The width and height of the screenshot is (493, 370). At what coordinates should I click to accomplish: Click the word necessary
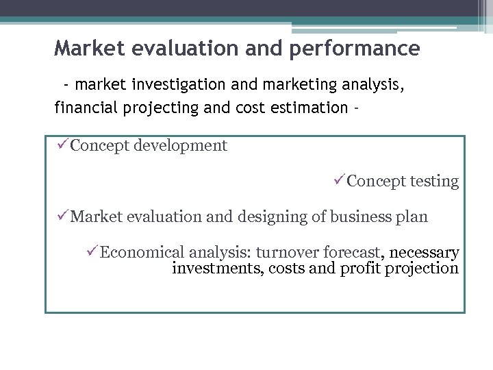pyautogui.click(x=424, y=254)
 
